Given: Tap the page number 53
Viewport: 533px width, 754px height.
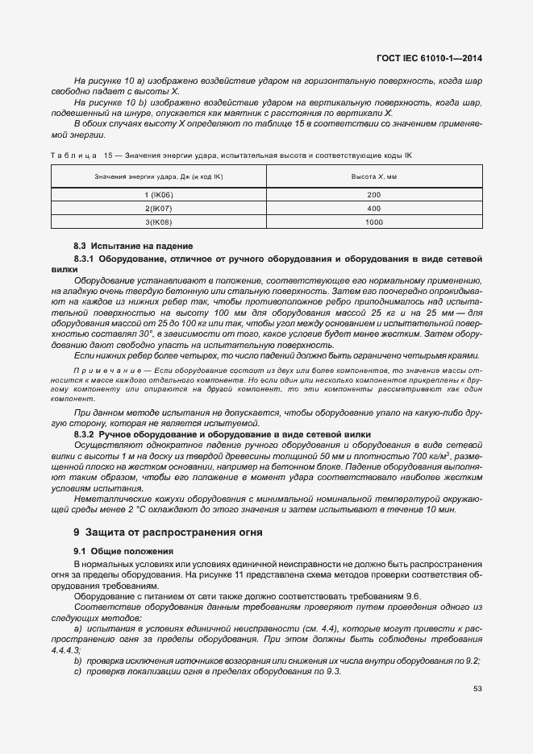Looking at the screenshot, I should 477,689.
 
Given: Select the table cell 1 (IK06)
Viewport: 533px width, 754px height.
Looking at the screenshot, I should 159,196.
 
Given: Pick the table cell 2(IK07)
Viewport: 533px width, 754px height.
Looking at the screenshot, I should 159,209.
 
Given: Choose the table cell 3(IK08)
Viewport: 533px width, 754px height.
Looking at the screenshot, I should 159,222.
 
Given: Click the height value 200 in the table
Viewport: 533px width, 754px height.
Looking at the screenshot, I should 373,196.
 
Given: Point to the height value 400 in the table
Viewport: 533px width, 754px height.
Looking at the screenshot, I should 373,209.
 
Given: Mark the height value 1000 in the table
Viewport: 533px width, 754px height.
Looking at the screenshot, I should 373,222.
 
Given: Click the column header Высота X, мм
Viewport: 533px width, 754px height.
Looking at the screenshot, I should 373,176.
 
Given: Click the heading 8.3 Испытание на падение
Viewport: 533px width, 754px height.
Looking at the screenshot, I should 133,245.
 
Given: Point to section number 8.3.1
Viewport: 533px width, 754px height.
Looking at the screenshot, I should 85,259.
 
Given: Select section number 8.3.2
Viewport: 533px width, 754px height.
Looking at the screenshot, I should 85,434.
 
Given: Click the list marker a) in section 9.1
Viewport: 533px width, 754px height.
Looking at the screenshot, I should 78,628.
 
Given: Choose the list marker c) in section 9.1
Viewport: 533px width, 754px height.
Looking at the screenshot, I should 78,671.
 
